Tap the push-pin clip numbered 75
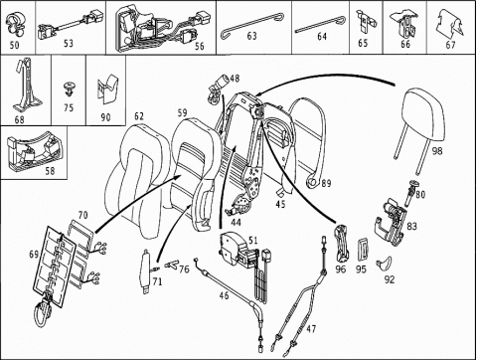click(x=69, y=89)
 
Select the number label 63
click(x=251, y=36)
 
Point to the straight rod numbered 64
click(x=320, y=25)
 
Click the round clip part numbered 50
click(x=14, y=25)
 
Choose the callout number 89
click(x=326, y=183)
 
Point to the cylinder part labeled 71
click(x=145, y=270)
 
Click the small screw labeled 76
click(x=170, y=264)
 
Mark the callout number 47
click(x=311, y=329)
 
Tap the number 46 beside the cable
click(x=225, y=295)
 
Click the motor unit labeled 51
click(x=236, y=250)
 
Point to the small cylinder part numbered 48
click(x=218, y=89)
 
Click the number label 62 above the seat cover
click(x=139, y=116)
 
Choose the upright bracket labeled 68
click(x=26, y=87)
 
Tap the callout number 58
click(x=50, y=171)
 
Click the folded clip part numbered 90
click(x=106, y=89)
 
